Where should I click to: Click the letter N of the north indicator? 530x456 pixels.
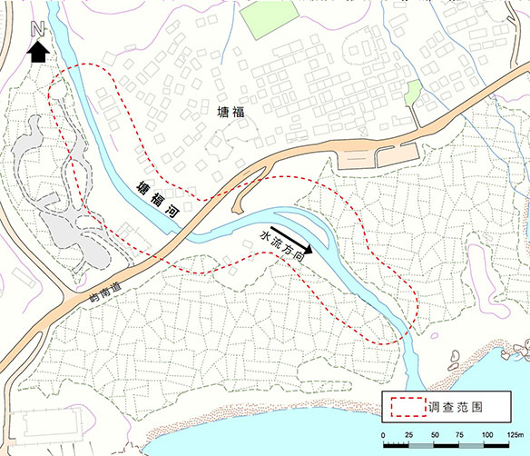pyautogui.click(x=38, y=29)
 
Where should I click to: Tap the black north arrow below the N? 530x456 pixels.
pyautogui.click(x=38, y=53)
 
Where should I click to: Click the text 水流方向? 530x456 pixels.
pyautogui.click(x=281, y=247)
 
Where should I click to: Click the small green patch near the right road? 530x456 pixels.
pyautogui.click(x=413, y=92)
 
